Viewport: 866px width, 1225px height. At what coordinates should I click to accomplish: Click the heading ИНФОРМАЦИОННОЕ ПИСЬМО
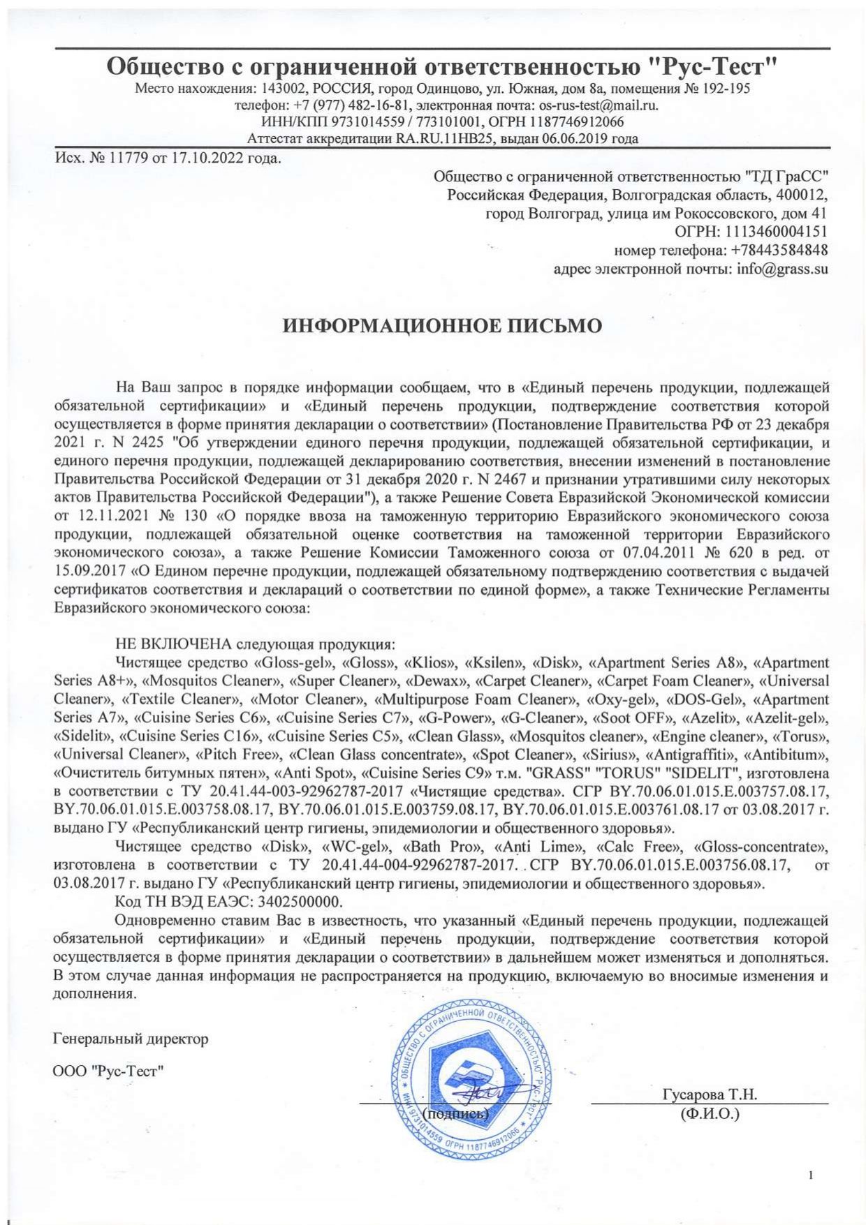441,326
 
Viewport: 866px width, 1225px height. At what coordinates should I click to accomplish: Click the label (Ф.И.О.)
710,1114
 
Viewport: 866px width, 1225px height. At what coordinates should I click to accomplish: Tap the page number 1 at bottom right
811,1176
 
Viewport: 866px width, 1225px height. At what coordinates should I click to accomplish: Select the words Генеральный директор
131,1039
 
